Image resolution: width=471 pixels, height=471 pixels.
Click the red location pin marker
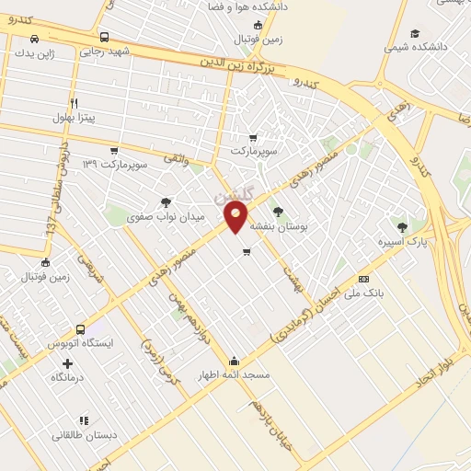click(x=236, y=217)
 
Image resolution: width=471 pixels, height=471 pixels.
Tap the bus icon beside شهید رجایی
click(x=104, y=38)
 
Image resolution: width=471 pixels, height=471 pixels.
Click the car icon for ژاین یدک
click(x=34, y=39)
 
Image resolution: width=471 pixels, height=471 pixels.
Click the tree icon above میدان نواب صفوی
click(x=166, y=202)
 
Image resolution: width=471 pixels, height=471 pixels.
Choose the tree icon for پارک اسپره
click(x=400, y=226)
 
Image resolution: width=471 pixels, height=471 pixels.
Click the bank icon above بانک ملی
click(x=364, y=279)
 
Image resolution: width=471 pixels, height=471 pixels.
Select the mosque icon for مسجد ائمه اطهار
click(x=235, y=361)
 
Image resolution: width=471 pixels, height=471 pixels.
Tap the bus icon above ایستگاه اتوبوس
click(x=81, y=328)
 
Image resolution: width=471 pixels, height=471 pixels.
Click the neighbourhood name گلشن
click(x=231, y=196)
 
